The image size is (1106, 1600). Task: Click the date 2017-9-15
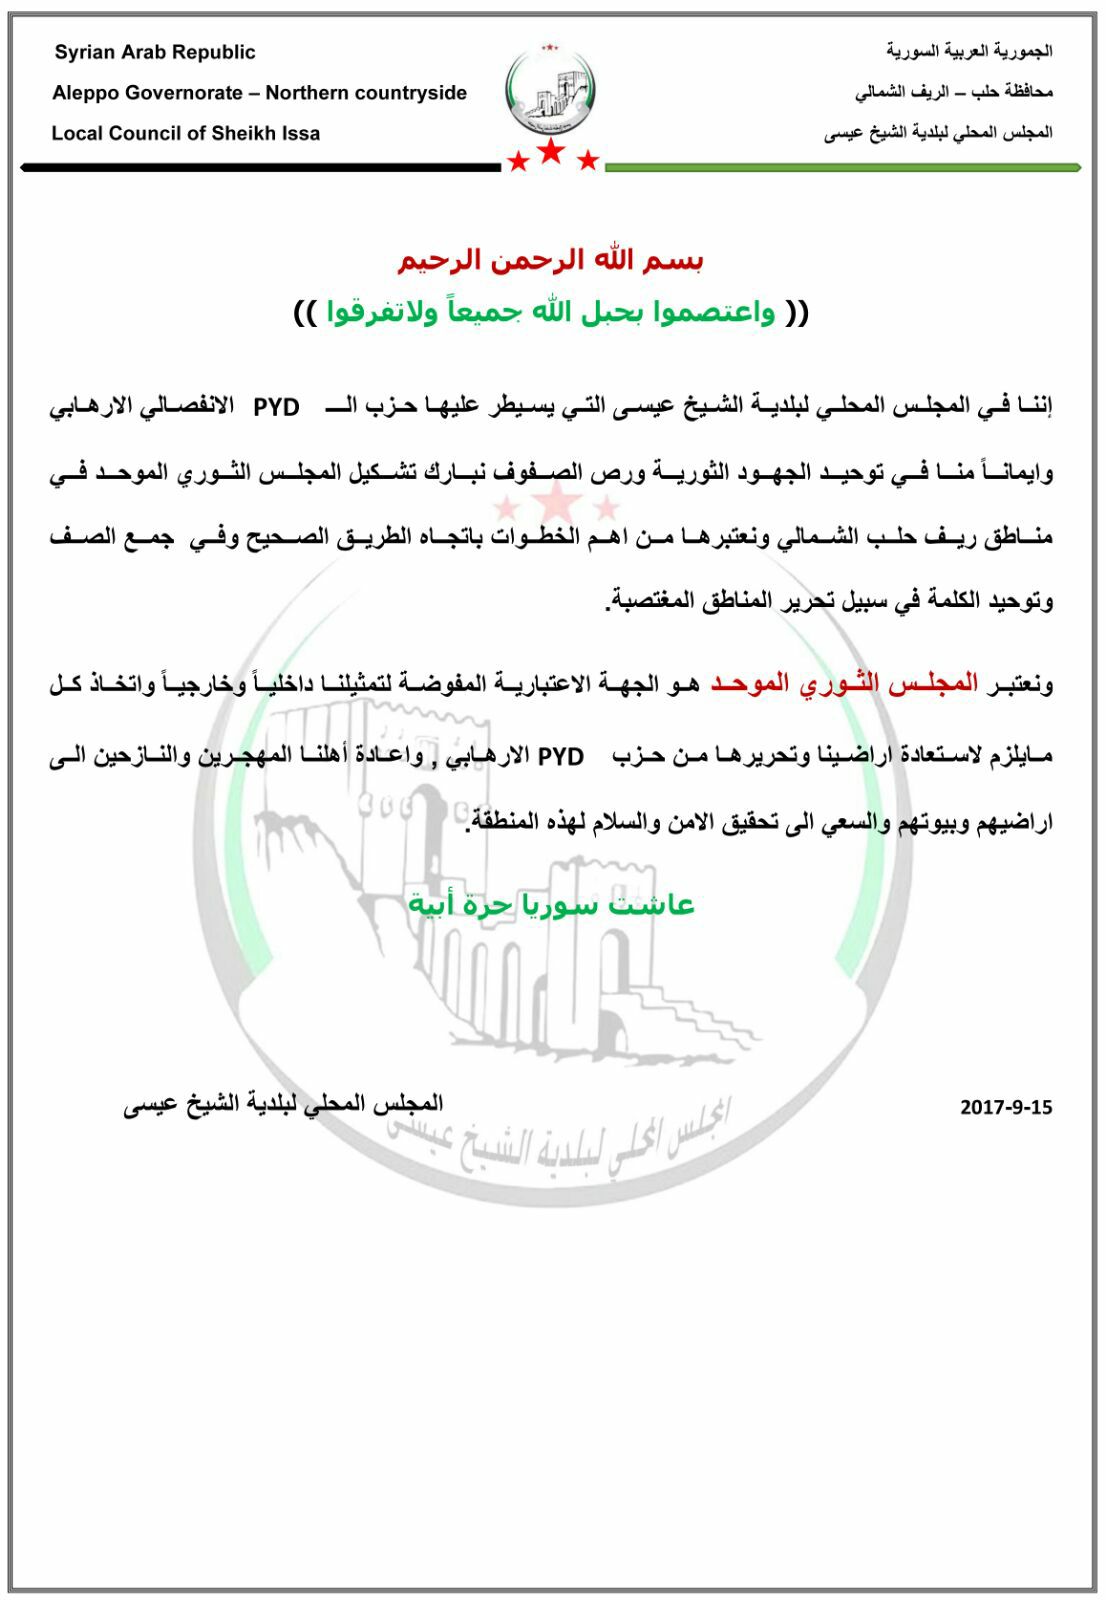click(1005, 1107)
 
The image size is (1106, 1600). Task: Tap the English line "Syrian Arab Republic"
click(155, 53)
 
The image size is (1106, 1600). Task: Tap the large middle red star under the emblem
click(551, 152)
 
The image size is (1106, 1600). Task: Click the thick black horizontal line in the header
click(260, 167)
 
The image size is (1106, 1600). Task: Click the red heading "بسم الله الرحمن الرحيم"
click(551, 260)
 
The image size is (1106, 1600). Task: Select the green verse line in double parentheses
click(551, 313)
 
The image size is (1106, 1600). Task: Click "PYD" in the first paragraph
click(276, 408)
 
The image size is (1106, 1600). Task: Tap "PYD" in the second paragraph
click(561, 757)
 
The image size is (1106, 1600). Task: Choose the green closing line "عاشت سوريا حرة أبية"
click(551, 905)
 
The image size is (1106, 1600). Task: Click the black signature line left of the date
click(283, 1104)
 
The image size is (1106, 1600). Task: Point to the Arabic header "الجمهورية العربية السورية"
click(969, 51)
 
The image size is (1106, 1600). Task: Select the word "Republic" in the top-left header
click(214, 53)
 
